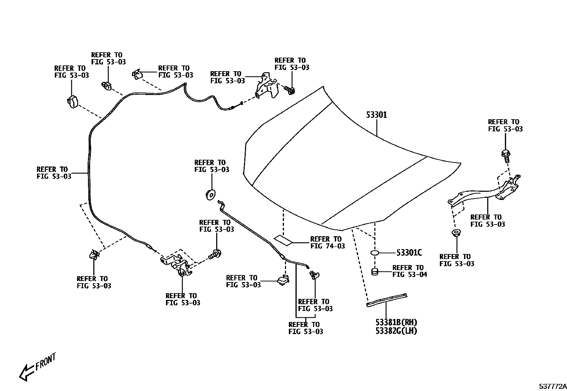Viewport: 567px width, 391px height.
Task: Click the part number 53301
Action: [x=376, y=115]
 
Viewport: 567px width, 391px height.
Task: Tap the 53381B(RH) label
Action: [x=396, y=322]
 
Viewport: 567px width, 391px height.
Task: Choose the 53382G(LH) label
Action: [x=396, y=331]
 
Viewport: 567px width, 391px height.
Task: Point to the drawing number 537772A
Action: [x=552, y=386]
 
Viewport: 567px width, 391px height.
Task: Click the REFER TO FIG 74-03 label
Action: [x=327, y=242]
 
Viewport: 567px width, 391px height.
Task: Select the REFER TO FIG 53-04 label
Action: [x=409, y=271]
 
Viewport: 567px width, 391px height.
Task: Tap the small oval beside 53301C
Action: [x=375, y=253]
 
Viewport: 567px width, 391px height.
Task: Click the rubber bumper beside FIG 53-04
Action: [x=375, y=272]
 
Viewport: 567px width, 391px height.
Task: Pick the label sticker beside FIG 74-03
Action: [x=283, y=240]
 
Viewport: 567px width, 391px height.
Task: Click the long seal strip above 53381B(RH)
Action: [x=387, y=299]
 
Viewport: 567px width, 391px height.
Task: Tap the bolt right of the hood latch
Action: [x=215, y=254]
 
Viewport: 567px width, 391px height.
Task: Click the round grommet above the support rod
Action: [x=210, y=195]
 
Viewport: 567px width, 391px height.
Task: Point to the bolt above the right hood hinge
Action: [x=506, y=155]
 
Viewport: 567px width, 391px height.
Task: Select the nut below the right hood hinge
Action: [x=455, y=233]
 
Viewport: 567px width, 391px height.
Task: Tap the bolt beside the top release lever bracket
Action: [x=291, y=91]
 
